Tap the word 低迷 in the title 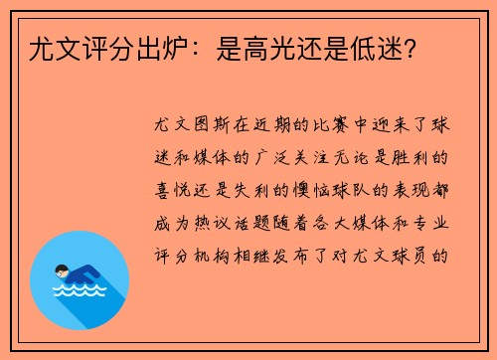(x=374, y=47)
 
